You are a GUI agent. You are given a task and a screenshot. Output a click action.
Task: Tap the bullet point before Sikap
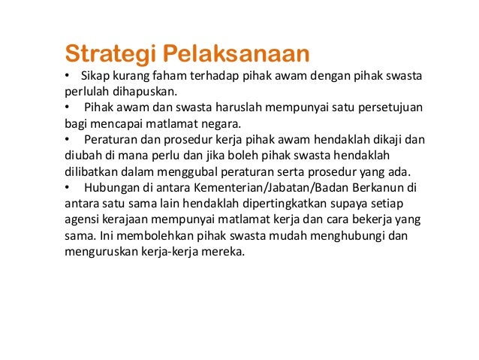67,77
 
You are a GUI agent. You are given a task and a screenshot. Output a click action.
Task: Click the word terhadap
213,77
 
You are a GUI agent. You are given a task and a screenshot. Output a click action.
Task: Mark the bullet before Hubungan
67,188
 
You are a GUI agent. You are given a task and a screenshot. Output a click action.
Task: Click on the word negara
224,124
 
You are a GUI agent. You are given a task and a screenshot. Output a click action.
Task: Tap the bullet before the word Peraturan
67,141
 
